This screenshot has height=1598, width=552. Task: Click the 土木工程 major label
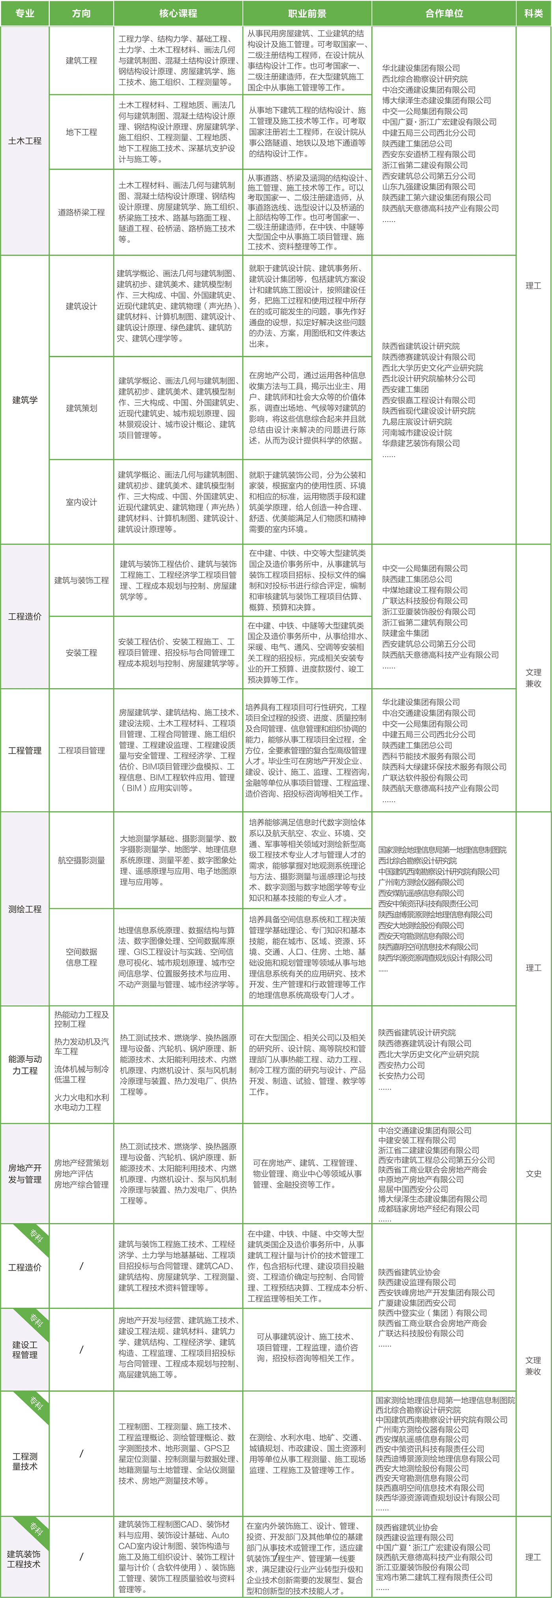coord(25,141)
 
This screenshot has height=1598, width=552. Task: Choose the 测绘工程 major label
coord(25,909)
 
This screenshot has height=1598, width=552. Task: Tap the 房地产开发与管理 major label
coord(25,1173)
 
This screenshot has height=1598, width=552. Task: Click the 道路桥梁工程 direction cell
coord(81,212)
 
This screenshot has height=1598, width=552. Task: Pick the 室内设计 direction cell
coord(81,502)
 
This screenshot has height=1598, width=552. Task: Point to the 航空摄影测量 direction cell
coord(81,861)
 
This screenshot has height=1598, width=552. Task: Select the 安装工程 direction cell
coord(81,653)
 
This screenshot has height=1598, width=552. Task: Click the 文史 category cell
coord(533,1173)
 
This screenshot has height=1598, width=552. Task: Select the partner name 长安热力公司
coord(401,1075)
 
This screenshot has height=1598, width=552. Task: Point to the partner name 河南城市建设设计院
coord(417,432)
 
